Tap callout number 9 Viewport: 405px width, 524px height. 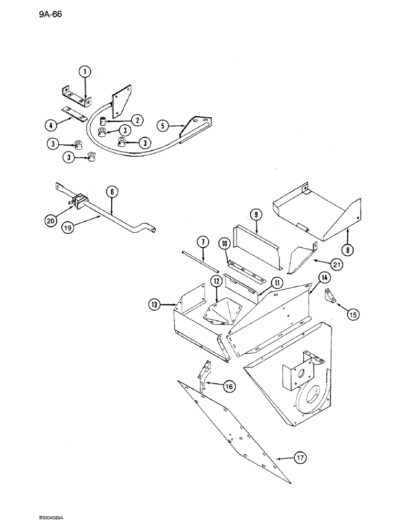[x=255, y=215]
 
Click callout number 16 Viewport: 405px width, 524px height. [x=229, y=387]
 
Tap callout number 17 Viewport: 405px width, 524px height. [x=300, y=458]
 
